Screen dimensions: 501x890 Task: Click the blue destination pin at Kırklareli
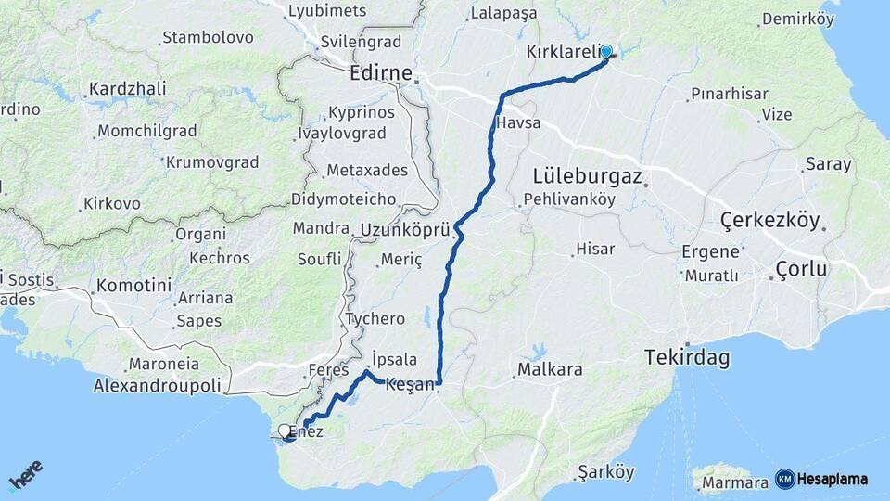pos(607,52)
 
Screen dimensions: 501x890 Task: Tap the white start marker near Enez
pos(284,430)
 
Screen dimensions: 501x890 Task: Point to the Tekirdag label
pos(688,358)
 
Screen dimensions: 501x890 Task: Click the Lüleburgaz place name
pos(588,175)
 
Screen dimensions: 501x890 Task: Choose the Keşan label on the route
pos(409,384)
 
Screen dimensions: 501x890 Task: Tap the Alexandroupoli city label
pos(158,385)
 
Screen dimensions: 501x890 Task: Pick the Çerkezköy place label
pos(770,221)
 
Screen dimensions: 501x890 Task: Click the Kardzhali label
pos(127,89)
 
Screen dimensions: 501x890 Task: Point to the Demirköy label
pos(797,19)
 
